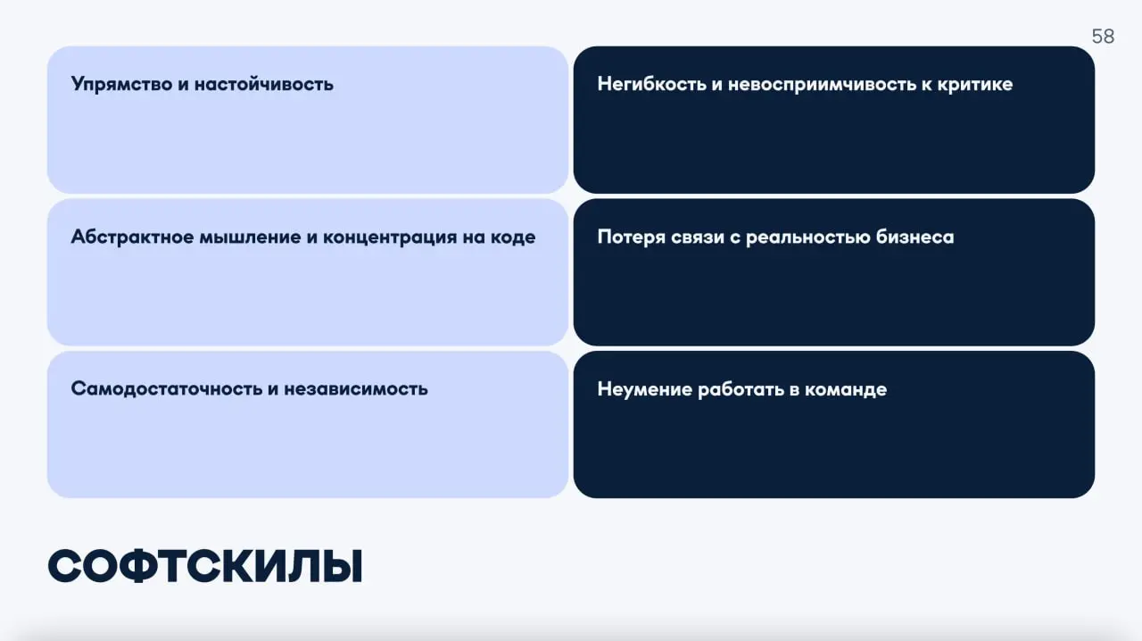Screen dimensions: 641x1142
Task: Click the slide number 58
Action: [1103, 37]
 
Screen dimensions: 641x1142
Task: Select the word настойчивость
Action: [264, 85]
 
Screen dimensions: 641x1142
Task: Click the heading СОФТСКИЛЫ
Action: [205, 567]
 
